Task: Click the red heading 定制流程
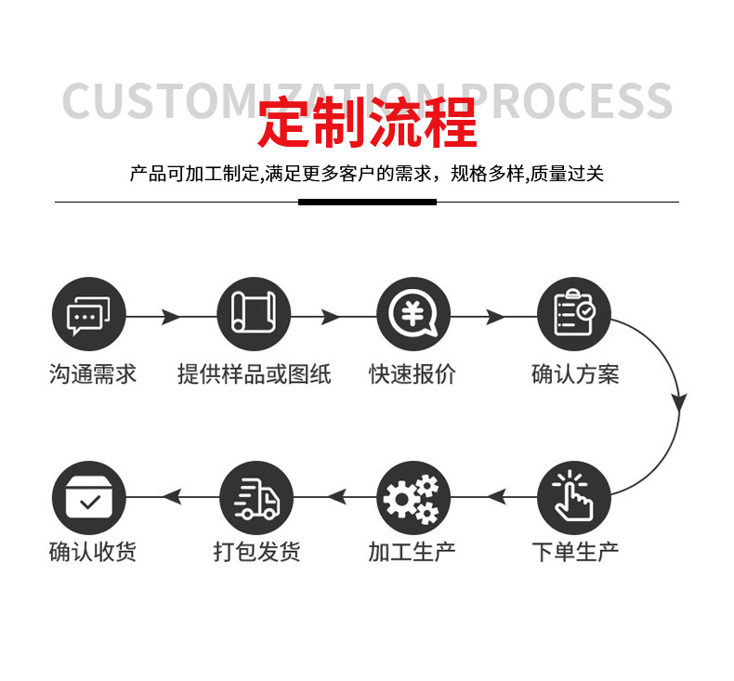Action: tap(367, 124)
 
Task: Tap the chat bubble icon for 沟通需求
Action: tap(88, 315)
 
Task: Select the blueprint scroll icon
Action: tap(254, 315)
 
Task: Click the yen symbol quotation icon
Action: tap(413, 315)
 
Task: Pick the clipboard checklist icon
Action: tap(574, 315)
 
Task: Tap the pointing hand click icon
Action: tap(574, 498)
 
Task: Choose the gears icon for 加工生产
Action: tap(413, 498)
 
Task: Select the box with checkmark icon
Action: tap(88, 498)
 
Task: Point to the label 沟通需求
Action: tap(92, 374)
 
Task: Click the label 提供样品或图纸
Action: tap(254, 374)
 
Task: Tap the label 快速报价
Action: tap(412, 374)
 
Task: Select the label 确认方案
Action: tap(574, 374)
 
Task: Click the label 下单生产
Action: tap(574, 552)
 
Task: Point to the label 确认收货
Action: tap(92, 552)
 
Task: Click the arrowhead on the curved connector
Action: tap(679, 401)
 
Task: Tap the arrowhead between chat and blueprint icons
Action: tap(170, 317)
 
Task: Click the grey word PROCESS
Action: tap(567, 100)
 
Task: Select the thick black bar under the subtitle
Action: tap(367, 202)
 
